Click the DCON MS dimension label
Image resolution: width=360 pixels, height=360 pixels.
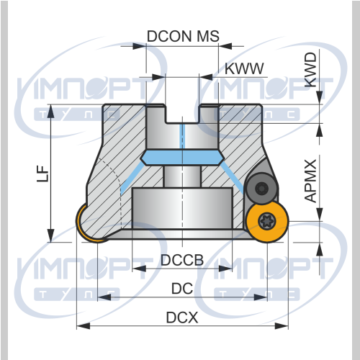click(x=183, y=36)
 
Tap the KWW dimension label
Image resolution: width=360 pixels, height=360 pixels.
click(x=244, y=68)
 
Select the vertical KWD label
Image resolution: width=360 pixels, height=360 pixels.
click(x=310, y=70)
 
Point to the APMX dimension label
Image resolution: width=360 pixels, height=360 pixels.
click(x=310, y=181)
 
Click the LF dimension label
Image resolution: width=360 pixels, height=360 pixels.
click(x=42, y=174)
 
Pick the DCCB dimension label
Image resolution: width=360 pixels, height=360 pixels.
click(x=182, y=260)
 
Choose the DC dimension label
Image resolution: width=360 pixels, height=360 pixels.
click(x=182, y=288)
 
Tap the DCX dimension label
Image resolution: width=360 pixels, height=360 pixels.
click(x=182, y=318)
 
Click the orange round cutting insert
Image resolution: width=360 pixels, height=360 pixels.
click(x=267, y=222)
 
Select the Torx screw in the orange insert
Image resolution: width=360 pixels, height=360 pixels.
click(x=266, y=220)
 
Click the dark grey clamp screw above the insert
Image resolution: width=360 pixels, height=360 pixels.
click(x=261, y=189)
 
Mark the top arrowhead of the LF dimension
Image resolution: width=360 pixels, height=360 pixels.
click(x=50, y=111)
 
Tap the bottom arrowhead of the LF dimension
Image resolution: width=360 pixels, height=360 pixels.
click(x=50, y=235)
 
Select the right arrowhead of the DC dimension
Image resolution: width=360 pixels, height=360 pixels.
click(x=261, y=297)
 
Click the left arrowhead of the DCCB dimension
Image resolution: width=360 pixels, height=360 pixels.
click(x=139, y=269)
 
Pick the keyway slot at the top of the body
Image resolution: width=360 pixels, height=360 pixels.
click(x=182, y=114)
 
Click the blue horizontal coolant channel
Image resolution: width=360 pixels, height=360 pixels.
click(x=182, y=158)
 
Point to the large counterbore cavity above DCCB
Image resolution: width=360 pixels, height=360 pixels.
click(x=182, y=208)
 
